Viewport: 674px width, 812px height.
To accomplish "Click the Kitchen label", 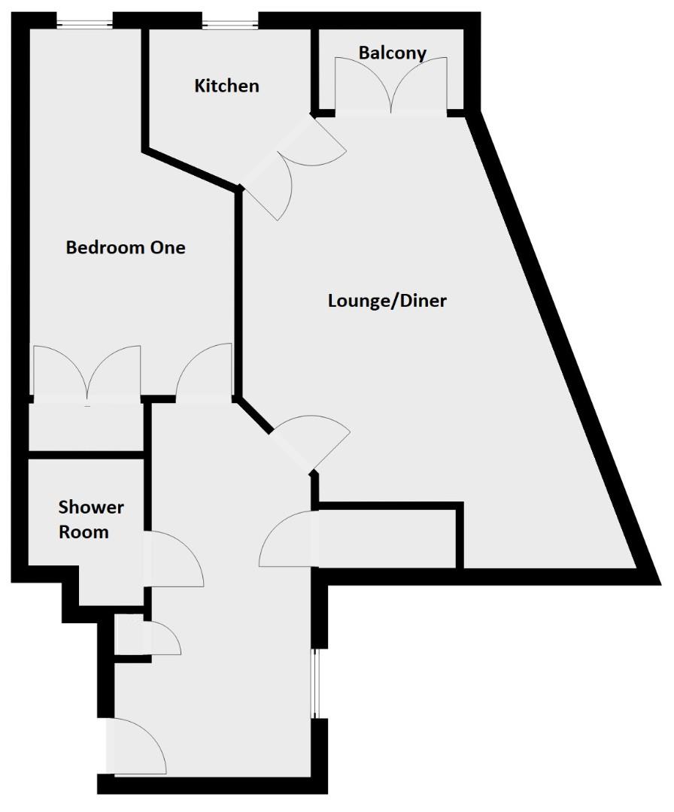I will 226,86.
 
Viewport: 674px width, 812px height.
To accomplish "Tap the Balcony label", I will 392,53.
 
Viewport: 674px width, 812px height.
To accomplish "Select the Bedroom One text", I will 126,247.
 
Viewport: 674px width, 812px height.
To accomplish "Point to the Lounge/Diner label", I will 387,301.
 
